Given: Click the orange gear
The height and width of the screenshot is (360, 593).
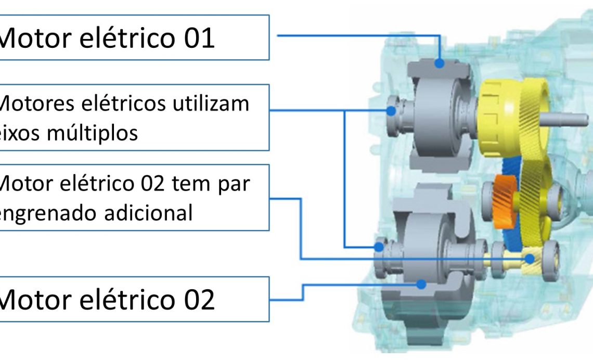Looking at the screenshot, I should pyautogui.click(x=503, y=200).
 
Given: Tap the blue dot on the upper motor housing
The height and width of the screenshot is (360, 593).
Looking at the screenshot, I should pyautogui.click(x=440, y=63).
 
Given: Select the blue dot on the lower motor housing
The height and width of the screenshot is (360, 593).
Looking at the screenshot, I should pyautogui.click(x=422, y=284).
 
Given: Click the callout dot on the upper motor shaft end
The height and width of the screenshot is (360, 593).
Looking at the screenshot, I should pyautogui.click(x=391, y=110).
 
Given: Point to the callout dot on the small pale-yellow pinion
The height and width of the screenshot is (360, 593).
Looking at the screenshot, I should pyautogui.click(x=530, y=258).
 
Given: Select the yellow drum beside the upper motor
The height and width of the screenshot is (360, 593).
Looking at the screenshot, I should pyautogui.click(x=497, y=118).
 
